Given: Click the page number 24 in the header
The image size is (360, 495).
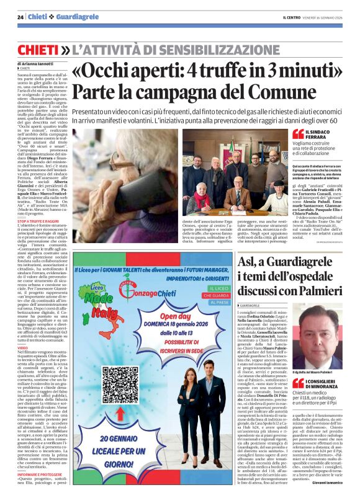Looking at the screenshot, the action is [x=20, y=17].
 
